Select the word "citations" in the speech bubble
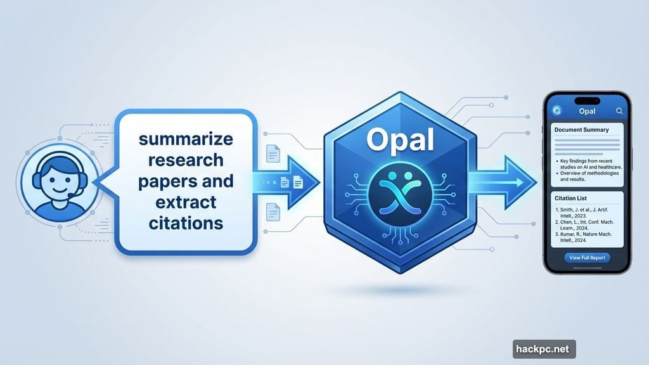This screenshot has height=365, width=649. (x=186, y=222)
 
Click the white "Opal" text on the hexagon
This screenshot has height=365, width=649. (x=399, y=139)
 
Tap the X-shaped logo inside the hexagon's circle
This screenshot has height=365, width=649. (x=399, y=191)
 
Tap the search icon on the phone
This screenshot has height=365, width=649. (x=619, y=112)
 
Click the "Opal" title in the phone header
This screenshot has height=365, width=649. (x=588, y=112)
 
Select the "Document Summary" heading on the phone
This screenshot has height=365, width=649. (x=581, y=130)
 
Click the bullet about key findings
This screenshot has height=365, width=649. (x=588, y=165)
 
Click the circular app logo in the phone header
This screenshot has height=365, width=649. (x=557, y=112)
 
